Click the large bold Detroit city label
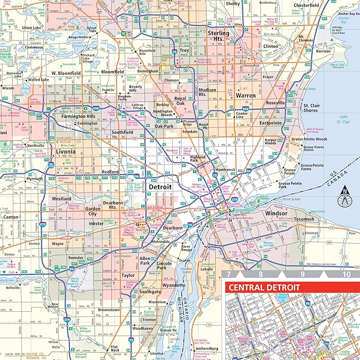point(160,187)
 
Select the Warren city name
point(245,96)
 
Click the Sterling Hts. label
point(218,36)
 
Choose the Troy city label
point(184,50)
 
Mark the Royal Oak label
point(180,101)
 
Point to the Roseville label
point(275,102)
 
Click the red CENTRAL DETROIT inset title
point(264,288)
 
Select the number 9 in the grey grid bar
point(303,275)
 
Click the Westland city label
point(62,199)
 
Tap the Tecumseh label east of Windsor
point(311,218)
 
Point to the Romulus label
point(76,257)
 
